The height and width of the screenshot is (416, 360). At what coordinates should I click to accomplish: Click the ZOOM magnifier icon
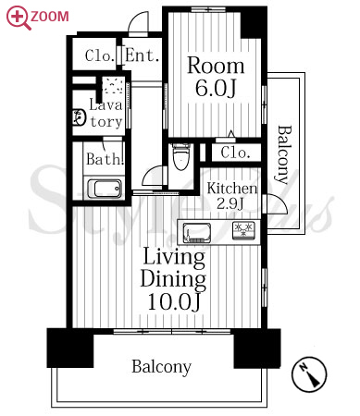[x=18, y=18]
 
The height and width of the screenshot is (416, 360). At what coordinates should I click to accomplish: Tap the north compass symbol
[x=309, y=374]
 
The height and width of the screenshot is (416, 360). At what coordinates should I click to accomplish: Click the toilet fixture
[x=181, y=156]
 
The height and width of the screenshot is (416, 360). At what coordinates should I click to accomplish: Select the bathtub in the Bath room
[x=105, y=189]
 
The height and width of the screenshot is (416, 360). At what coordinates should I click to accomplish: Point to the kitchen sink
[x=197, y=233]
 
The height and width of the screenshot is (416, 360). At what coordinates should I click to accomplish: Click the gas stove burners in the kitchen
[x=243, y=230]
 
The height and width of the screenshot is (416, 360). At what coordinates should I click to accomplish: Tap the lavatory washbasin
[x=79, y=117]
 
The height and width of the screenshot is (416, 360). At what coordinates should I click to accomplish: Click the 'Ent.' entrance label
[x=142, y=55]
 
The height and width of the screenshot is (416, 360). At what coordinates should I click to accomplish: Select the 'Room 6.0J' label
[x=216, y=77]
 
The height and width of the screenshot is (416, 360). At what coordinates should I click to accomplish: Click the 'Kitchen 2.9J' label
[x=232, y=195]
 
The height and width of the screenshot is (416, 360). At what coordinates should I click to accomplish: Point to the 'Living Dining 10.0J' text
[x=173, y=279]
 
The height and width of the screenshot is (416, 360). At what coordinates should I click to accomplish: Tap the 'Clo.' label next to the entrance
[x=99, y=55]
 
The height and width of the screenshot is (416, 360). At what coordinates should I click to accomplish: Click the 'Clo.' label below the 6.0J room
[x=235, y=153]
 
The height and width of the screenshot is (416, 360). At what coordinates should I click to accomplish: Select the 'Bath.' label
[x=105, y=159]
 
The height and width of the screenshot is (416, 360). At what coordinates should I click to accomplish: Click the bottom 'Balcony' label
[x=162, y=367]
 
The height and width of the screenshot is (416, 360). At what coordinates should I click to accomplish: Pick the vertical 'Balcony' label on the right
[x=284, y=154]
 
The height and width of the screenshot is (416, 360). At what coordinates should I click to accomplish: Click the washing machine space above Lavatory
[x=113, y=85]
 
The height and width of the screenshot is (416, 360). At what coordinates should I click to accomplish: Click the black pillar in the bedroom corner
[x=253, y=22]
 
